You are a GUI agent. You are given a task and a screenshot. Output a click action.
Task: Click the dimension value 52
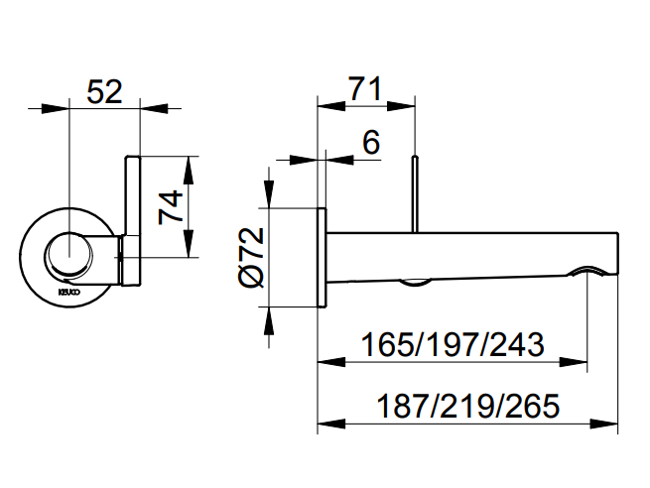104,91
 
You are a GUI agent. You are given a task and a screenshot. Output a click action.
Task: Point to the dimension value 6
370,143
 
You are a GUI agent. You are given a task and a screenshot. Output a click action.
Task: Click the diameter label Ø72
252,257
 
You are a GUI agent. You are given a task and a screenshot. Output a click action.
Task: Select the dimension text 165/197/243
453,346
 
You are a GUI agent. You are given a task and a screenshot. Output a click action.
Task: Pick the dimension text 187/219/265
467,407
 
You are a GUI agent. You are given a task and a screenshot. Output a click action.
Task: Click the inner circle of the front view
70,256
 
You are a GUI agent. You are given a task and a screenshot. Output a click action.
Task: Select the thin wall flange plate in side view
321,257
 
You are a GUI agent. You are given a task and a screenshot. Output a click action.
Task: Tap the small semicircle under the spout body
415,283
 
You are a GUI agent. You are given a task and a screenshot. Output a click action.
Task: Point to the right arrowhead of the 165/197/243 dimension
579,364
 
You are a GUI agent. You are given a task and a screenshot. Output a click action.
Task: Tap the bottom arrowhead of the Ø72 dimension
268,301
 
